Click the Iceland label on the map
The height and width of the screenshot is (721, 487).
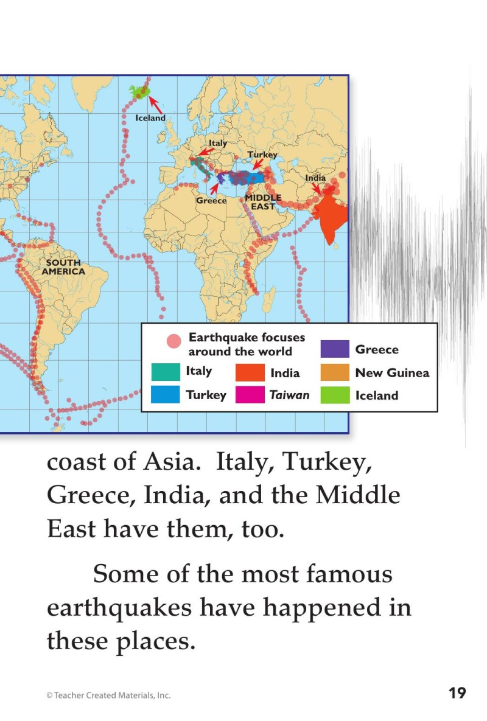(150, 118)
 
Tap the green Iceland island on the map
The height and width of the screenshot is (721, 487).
(139, 92)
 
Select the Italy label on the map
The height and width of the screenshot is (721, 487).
(218, 143)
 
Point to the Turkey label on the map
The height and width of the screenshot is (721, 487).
(262, 155)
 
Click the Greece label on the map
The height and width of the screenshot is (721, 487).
(211, 201)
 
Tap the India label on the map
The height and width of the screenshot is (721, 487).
(315, 178)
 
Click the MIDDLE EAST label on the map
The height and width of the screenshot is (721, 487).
(263, 202)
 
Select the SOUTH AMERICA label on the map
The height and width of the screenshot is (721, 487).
(63, 267)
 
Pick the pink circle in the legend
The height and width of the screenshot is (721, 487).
(174, 341)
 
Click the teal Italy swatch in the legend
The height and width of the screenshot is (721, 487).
(166, 371)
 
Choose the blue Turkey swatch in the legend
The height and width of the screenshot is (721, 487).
(166, 394)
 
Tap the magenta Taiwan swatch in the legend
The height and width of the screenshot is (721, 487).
(250, 395)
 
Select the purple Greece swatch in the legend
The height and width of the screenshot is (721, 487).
(335, 349)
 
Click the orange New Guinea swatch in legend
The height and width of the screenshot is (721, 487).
(335, 372)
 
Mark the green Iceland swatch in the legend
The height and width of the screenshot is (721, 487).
(335, 395)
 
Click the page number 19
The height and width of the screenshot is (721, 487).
(457, 693)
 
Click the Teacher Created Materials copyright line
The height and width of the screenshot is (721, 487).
(108, 695)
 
